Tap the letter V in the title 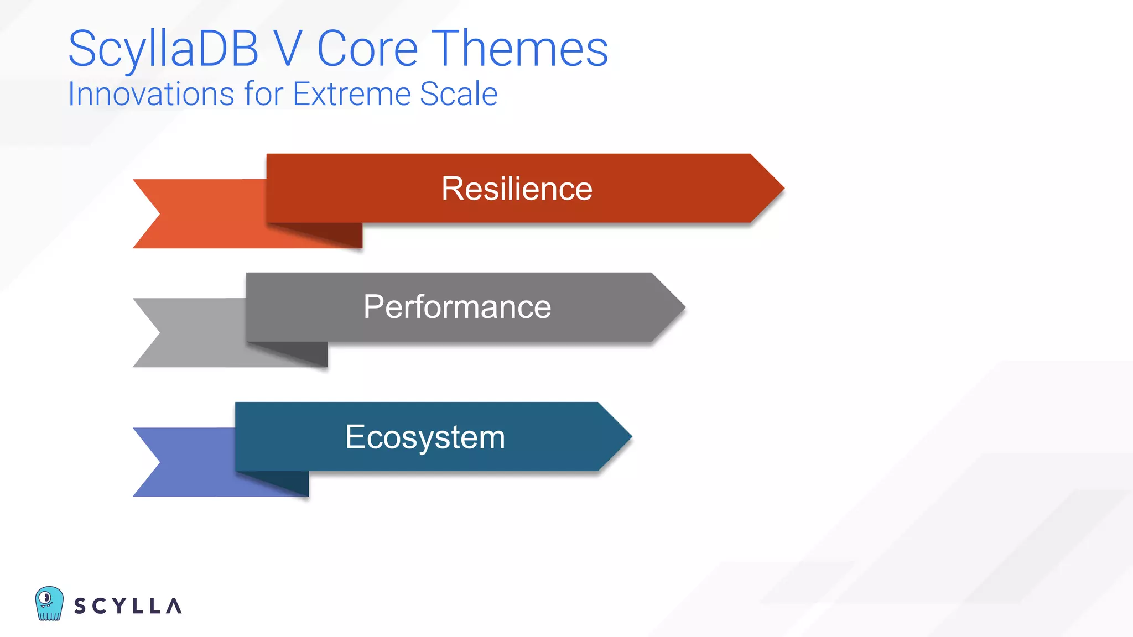click(288, 49)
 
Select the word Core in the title click(367, 49)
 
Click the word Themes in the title click(519, 49)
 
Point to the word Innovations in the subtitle click(151, 94)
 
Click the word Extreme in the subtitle click(352, 94)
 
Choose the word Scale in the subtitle click(459, 94)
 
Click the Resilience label click(517, 189)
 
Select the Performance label click(457, 307)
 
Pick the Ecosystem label click(425, 437)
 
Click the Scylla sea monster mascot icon click(49, 603)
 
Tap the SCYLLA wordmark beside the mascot click(128, 606)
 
